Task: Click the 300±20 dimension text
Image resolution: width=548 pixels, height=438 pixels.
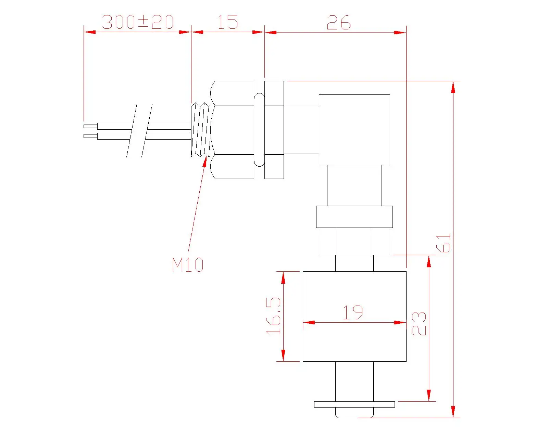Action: [x=138, y=22]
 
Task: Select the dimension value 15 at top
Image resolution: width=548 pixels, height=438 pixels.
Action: [x=228, y=22]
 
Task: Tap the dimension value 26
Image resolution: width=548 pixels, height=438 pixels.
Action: [x=338, y=23]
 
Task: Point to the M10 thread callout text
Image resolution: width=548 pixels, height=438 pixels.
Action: [x=188, y=265]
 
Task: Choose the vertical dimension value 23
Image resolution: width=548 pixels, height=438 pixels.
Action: [x=419, y=323]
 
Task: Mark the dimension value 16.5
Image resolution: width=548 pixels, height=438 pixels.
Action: [x=274, y=316]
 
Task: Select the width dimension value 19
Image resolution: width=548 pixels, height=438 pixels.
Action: [x=353, y=312]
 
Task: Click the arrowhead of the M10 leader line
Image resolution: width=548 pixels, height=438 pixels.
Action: [x=206, y=162]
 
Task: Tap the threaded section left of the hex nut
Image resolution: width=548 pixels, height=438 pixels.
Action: [x=200, y=130]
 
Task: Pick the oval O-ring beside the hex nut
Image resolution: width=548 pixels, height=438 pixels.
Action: [x=259, y=130]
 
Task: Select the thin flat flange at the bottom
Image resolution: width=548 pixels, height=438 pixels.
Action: [x=354, y=404]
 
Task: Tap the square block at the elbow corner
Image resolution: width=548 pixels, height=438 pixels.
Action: [x=354, y=130]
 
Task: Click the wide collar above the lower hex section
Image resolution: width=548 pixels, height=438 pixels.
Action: [x=354, y=217]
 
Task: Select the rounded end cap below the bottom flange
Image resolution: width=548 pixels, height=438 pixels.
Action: [x=354, y=413]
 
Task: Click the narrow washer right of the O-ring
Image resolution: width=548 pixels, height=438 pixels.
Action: [x=274, y=130]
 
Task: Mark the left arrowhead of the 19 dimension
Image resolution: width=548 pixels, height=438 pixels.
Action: [x=308, y=322]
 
